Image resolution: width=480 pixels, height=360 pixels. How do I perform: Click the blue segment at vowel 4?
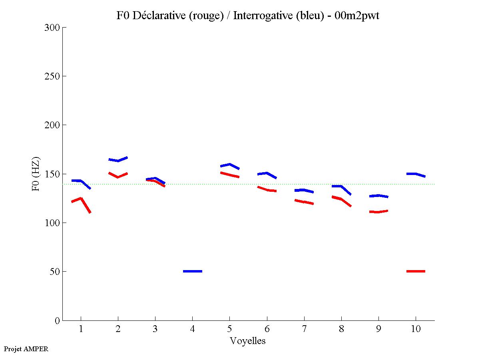[193, 271]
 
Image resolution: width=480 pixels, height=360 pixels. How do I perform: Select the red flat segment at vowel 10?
[416, 271]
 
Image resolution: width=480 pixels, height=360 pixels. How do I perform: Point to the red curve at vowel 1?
[81, 199]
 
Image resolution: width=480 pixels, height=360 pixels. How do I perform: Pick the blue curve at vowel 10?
[416, 174]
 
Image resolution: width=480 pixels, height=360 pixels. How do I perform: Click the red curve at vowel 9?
[378, 212]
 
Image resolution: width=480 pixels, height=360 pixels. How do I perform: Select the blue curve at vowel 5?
[229, 165]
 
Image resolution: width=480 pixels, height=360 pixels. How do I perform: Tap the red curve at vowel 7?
[304, 202]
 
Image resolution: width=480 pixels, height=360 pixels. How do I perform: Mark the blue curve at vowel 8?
[341, 187]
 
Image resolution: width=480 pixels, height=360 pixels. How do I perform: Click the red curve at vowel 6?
[267, 190]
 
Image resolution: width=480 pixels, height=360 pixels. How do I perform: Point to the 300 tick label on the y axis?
[52, 28]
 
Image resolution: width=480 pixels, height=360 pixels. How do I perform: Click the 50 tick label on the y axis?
[55, 272]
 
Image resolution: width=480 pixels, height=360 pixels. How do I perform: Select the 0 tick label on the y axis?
[57, 320]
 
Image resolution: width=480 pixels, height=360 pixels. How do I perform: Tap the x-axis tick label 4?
[193, 329]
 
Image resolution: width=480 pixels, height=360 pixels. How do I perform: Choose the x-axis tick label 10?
[416, 329]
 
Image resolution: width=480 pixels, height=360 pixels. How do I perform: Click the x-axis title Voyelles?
[248, 341]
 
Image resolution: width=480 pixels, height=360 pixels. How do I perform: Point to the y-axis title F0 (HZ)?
[36, 174]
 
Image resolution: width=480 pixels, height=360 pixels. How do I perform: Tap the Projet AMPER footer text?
[26, 349]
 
